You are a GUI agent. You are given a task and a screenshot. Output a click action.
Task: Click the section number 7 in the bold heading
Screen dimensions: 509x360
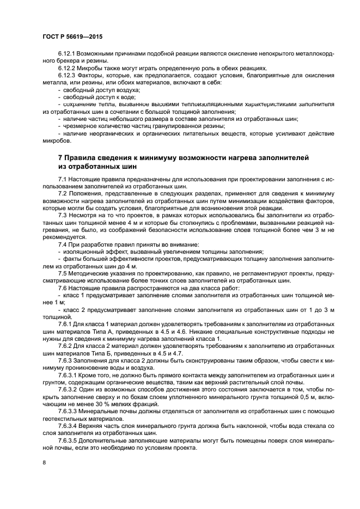pyautogui.click(x=60, y=157)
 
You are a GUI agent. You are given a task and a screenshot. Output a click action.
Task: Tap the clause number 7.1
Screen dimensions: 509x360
pyautogui.click(x=62, y=179)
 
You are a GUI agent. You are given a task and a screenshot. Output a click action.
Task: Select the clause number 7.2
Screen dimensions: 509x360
pyautogui.click(x=62, y=193)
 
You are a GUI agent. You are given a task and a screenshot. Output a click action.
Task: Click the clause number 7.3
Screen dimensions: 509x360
pyautogui.click(x=62, y=214)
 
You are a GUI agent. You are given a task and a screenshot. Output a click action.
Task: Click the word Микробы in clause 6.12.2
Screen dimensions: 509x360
pyautogui.click(x=90, y=68)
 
